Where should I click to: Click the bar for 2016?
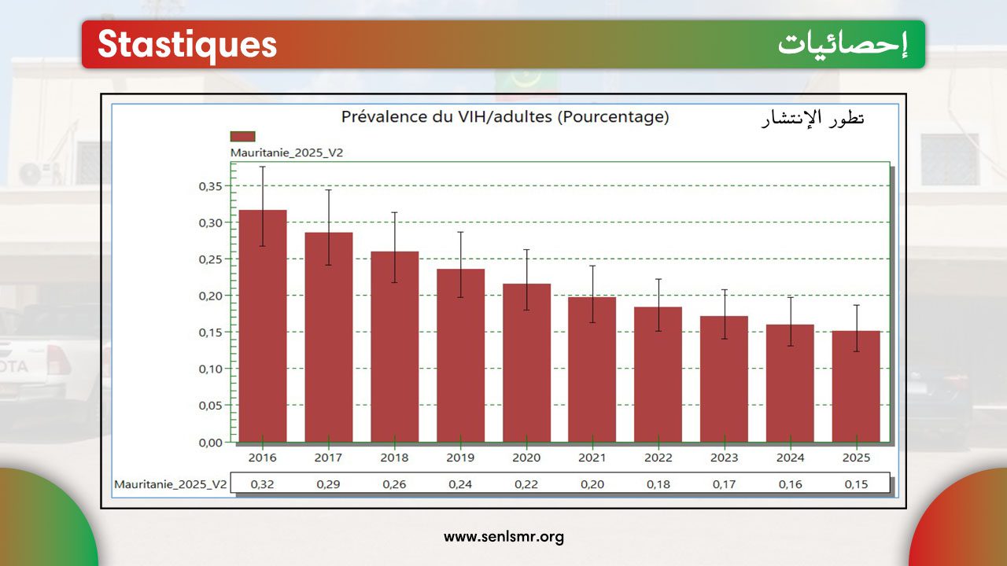click(262, 325)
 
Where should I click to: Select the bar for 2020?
click(526, 362)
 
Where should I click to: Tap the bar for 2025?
click(856, 386)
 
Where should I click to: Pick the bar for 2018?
click(394, 347)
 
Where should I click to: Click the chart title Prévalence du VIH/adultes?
click(504, 117)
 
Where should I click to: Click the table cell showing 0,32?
click(262, 484)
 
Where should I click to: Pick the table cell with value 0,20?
click(592, 484)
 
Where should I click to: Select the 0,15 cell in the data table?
click(856, 484)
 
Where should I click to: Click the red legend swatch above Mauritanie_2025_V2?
click(242, 136)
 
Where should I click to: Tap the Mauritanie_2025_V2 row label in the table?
click(170, 484)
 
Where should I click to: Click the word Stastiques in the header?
click(187, 45)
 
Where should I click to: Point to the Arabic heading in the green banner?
click(843, 45)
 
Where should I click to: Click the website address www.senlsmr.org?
click(503, 538)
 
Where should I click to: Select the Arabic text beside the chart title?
click(813, 119)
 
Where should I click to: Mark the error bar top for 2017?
click(328, 190)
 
